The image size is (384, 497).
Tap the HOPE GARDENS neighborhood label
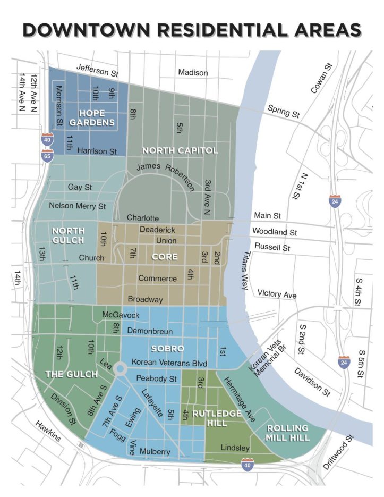click(x=97, y=118)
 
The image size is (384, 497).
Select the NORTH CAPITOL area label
click(x=180, y=150)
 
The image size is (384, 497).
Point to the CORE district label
click(x=161, y=257)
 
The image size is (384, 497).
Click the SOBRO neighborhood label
click(x=167, y=349)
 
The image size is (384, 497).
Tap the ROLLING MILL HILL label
click(x=287, y=433)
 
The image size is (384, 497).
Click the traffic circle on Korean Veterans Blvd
click(x=120, y=367)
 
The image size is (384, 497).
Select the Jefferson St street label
click(x=97, y=70)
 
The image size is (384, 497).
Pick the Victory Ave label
click(x=277, y=294)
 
